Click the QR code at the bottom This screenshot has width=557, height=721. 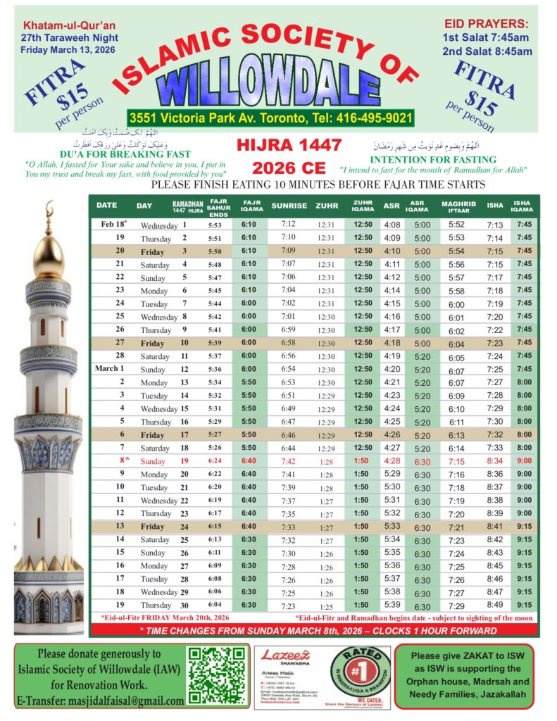click(218, 675)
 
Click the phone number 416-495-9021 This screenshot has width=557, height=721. click(363, 118)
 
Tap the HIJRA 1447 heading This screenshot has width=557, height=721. click(289, 146)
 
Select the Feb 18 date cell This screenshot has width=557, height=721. click(110, 225)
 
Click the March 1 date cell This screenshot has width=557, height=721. click(110, 368)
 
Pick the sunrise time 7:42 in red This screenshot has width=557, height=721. click(289, 461)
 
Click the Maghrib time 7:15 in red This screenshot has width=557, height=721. click(456, 461)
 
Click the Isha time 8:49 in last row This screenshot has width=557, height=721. click(495, 605)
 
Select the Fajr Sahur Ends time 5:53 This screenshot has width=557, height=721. click(215, 225)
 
